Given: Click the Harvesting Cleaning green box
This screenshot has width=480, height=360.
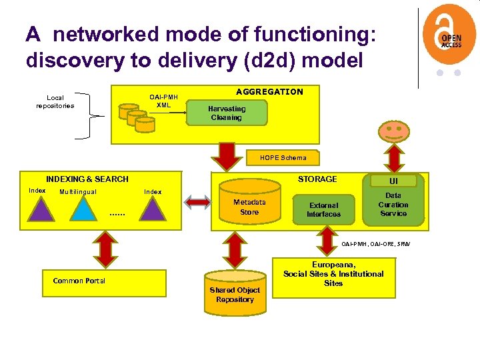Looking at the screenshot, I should [x=227, y=113].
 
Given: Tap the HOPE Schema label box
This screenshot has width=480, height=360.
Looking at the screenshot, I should [x=284, y=158].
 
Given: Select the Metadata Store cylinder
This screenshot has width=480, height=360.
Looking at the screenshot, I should [x=249, y=205].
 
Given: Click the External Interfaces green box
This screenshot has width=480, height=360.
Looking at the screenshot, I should [x=323, y=209].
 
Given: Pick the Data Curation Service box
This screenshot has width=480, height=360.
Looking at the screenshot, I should [x=393, y=205].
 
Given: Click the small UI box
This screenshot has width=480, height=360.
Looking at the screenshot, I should [x=393, y=181].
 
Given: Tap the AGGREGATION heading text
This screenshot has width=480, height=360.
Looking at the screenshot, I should [x=269, y=92].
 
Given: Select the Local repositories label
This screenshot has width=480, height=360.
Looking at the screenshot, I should [x=55, y=101].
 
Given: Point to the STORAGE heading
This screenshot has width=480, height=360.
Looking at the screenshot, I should [x=317, y=179].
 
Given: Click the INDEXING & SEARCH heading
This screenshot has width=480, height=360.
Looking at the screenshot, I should [x=87, y=179].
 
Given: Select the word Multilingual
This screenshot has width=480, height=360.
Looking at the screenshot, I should [x=78, y=192].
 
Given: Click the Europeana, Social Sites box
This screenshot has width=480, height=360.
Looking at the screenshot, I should [x=333, y=274].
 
